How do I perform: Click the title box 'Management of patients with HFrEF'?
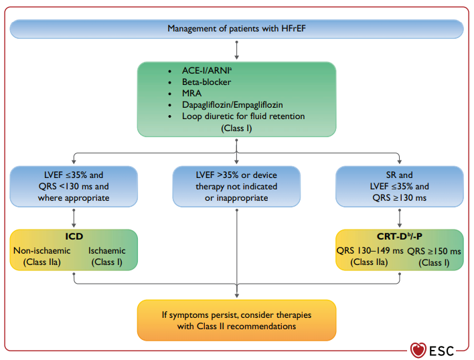tap(237, 29)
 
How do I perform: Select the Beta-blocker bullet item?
tap(206, 82)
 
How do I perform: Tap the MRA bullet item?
tap(191, 93)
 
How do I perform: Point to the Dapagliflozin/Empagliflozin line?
tap(232, 105)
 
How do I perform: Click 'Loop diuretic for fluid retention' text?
tap(243, 116)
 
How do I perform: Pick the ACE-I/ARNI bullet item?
tap(207, 70)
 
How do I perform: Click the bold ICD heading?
tap(74, 236)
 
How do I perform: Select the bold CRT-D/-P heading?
tap(399, 236)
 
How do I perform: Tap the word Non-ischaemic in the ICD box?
tap(42, 251)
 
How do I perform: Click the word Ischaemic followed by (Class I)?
tap(106, 251)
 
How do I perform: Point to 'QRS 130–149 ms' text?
tap(370, 251)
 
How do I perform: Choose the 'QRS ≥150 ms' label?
tap(434, 252)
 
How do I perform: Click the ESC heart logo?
tap(418, 350)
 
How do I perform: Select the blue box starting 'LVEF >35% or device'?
tap(236, 186)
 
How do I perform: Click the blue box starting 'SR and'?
tap(399, 186)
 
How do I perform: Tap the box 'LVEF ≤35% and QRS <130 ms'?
tap(74, 186)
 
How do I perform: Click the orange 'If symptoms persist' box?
tap(237, 320)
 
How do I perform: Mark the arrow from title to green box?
tap(237, 50)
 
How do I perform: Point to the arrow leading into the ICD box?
tap(74, 218)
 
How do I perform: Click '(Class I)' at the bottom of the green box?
tap(236, 128)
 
